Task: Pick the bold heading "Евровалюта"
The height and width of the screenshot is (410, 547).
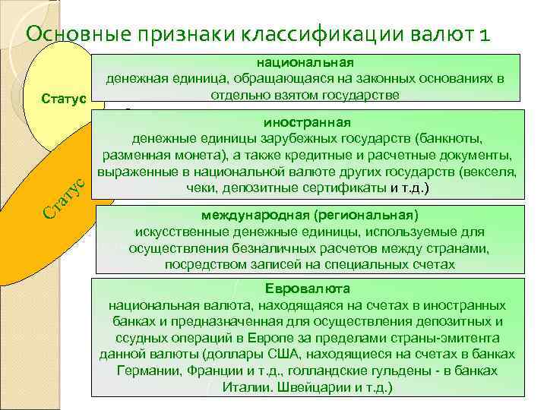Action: click(308, 289)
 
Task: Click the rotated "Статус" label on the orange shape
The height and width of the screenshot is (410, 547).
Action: click(62, 197)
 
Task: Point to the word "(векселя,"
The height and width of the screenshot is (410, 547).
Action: click(492, 172)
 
